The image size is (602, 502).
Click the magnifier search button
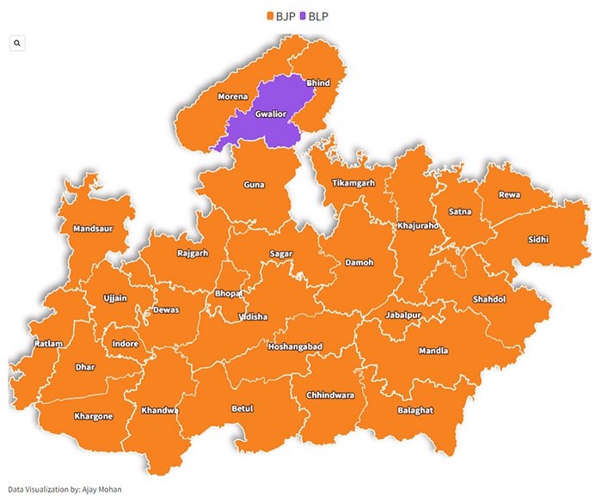[x=17, y=42]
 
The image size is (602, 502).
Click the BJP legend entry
[x=281, y=15]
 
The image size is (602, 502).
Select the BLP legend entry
[x=315, y=15]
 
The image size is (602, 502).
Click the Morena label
[x=232, y=96]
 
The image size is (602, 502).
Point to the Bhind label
[x=317, y=83]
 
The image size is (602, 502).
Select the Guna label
[x=254, y=185]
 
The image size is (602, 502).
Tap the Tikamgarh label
[x=353, y=183]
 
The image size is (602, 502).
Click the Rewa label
[x=509, y=195]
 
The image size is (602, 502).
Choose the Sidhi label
[x=537, y=240]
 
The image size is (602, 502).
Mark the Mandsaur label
[x=92, y=230]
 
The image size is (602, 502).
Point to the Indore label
[x=126, y=344]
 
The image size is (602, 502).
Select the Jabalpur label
[x=402, y=315]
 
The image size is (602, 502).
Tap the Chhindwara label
[x=330, y=395]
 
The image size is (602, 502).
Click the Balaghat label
[x=415, y=411]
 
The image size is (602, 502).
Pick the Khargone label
[x=93, y=416]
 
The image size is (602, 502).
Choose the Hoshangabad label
[x=295, y=346]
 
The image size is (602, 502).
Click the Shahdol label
[x=488, y=299]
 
